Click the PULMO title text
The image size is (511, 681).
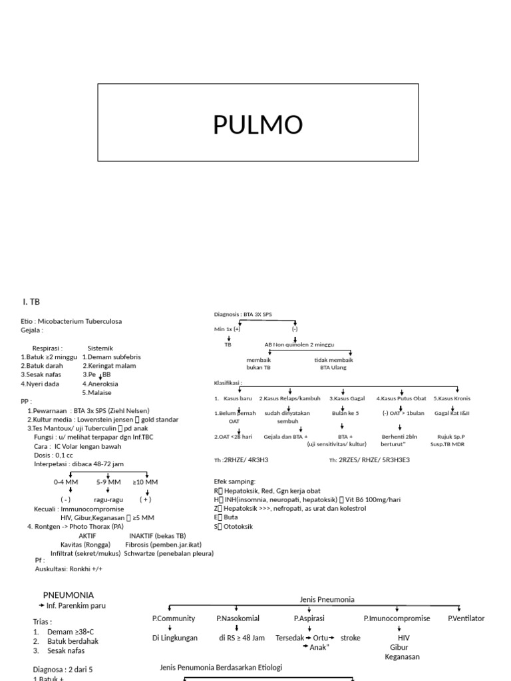coord(258,124)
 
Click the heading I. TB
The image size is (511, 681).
coord(31,301)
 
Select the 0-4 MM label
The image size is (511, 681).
coord(67,481)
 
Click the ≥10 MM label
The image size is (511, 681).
coord(145,481)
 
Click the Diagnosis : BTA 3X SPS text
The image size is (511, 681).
coord(243,314)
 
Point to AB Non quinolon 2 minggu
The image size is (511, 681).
coord(299,345)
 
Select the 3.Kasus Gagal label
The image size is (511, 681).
coord(347,398)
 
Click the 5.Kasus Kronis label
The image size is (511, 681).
coord(451,398)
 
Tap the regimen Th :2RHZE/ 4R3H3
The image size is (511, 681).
coord(241,460)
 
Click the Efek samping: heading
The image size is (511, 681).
coord(234,481)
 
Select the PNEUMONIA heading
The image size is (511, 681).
coord(69,595)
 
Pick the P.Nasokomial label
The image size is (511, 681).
coord(237,618)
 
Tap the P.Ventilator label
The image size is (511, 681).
coord(466,618)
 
